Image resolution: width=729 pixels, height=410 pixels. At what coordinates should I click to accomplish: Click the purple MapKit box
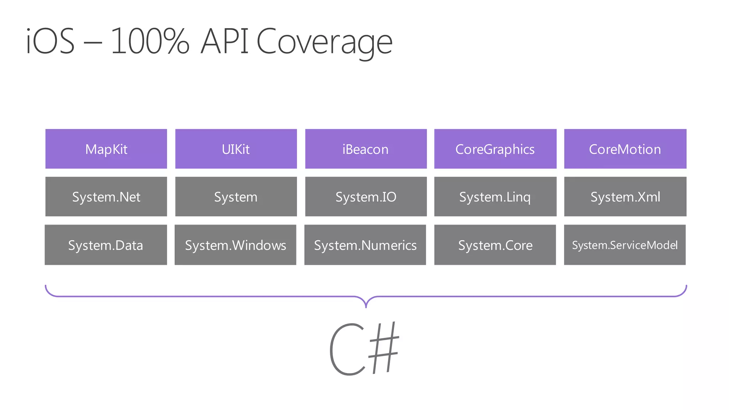click(x=106, y=149)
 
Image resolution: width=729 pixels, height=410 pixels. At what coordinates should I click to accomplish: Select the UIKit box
click(x=236, y=149)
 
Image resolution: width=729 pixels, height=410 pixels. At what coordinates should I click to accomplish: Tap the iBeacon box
click(x=366, y=149)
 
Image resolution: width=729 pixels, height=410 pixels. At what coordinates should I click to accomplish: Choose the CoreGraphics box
click(x=495, y=149)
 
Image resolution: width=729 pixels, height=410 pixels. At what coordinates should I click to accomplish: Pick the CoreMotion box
click(x=625, y=149)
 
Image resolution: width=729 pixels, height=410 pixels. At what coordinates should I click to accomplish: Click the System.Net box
click(x=106, y=196)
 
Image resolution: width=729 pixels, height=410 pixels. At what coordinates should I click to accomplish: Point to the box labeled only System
click(x=236, y=196)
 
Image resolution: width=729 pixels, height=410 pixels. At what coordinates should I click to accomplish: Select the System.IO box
click(x=366, y=196)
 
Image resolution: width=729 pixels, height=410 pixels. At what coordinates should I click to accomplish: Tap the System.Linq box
click(x=495, y=196)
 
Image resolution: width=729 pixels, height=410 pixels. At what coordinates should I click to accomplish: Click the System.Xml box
click(x=625, y=196)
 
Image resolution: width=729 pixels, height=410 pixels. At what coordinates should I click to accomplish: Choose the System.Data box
click(x=106, y=245)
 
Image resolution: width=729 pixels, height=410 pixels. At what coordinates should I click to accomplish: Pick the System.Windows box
click(x=235, y=245)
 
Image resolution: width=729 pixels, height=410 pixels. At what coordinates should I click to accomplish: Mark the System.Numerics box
click(x=365, y=245)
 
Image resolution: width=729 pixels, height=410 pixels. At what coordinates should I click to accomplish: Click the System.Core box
click(x=495, y=245)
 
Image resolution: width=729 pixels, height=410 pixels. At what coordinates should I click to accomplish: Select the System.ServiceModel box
click(x=625, y=245)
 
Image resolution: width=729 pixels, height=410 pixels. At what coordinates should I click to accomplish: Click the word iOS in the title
click(x=51, y=41)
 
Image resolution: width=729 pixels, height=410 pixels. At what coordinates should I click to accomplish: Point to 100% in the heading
click(x=150, y=41)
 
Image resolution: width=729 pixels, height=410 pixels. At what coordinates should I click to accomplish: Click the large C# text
click(x=364, y=349)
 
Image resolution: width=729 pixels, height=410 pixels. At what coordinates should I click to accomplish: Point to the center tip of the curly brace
click(x=366, y=306)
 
